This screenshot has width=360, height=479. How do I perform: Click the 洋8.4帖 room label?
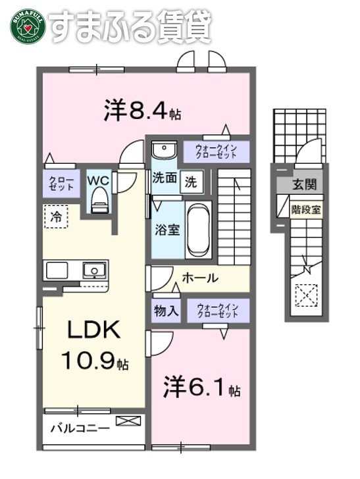141,110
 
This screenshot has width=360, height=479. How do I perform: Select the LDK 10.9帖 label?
95,346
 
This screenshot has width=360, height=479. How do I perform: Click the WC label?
99,179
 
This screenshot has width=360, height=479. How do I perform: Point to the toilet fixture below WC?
99,199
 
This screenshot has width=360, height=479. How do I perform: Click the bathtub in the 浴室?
197,230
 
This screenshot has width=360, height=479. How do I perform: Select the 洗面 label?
165,178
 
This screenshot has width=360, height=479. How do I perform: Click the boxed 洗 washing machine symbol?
192,180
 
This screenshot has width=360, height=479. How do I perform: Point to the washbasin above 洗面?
162,151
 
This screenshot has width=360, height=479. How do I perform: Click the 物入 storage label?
166,310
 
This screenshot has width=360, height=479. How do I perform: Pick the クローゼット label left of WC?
61,182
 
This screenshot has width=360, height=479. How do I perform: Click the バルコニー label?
81,430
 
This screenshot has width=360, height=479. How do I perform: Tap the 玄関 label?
304,184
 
